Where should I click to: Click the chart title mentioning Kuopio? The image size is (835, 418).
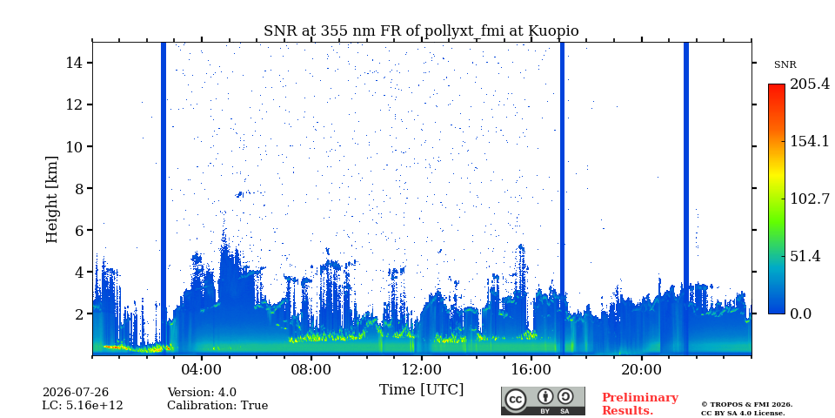421,31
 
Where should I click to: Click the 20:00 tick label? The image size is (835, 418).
641,369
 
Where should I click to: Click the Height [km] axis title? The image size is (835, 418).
51,199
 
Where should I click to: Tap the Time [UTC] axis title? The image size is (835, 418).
421,390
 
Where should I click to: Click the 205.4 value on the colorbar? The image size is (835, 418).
811,84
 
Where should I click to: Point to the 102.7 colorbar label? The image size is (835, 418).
810,199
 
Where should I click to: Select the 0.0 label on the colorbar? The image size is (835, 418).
800,313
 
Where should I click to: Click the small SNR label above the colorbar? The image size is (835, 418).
785,65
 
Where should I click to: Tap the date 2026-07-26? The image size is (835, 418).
76,393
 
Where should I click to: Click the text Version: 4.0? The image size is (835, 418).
202,393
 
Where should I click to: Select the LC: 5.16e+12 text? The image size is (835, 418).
83,406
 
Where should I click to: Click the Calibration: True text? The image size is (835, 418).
217,406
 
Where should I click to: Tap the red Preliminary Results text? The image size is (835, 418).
640,404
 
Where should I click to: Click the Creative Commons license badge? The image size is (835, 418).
543,401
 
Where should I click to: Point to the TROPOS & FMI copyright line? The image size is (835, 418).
746,405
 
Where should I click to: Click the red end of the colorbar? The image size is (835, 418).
777,86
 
